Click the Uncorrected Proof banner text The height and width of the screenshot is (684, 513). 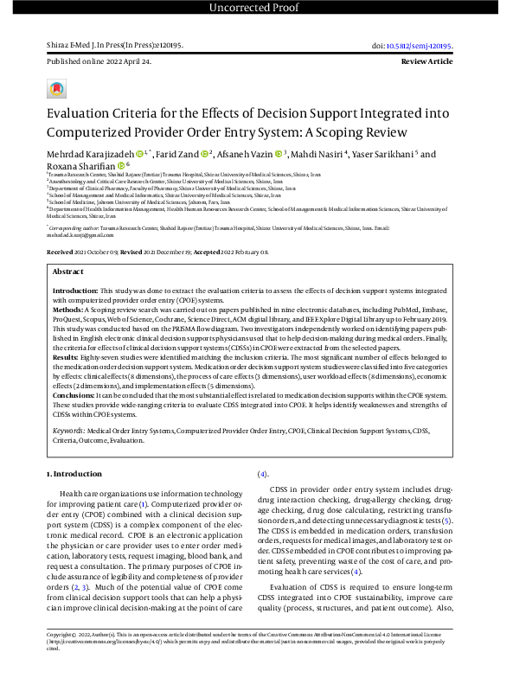pos(256,10)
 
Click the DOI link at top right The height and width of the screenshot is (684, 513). pos(431,46)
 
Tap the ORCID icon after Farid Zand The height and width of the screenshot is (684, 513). pos(204,154)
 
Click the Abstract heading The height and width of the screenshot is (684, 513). pos(68,271)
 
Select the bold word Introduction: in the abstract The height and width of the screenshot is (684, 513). pos(75,291)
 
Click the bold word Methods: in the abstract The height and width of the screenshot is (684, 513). pos(67,308)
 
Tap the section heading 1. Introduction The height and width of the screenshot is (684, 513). pos(75,475)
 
